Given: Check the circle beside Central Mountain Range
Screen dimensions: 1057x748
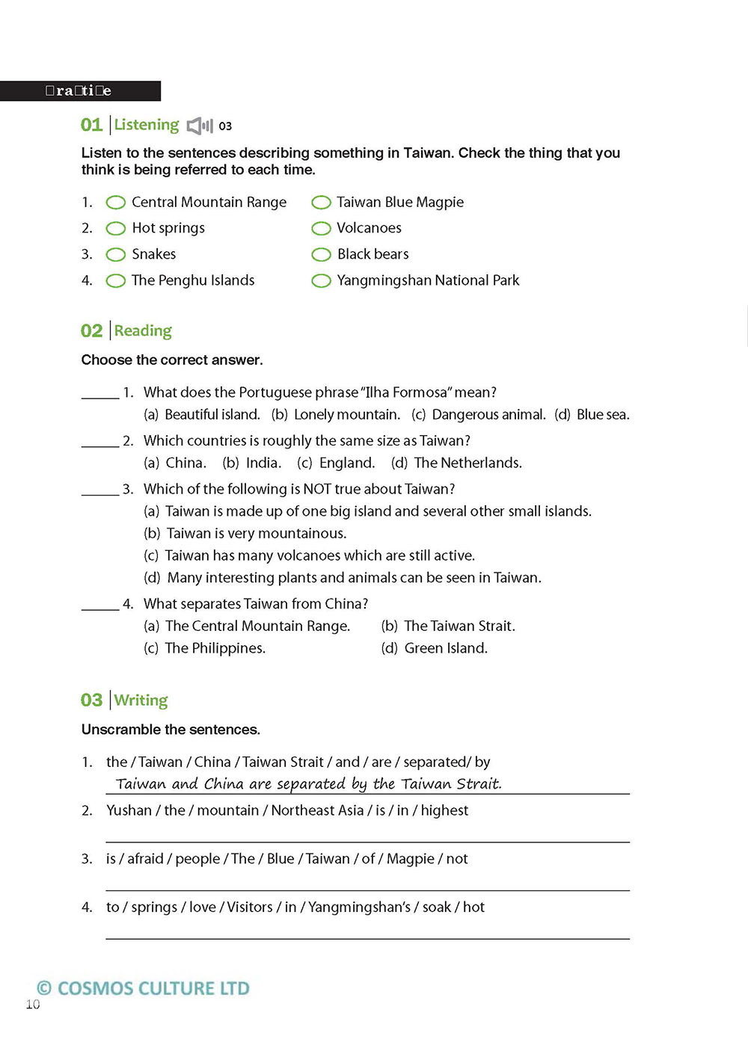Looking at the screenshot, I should click(116, 203).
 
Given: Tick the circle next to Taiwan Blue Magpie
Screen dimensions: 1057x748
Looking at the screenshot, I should click(321, 203).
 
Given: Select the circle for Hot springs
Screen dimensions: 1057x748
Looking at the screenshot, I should click(116, 229).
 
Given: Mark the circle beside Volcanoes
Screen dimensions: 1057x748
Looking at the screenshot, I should click(321, 229).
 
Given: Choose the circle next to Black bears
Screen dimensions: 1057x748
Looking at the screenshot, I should click(321, 255).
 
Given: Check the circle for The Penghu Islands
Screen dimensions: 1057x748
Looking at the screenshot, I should click(116, 281).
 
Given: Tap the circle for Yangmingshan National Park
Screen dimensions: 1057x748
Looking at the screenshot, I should click(321, 281).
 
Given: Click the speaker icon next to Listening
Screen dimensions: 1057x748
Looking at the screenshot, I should click(200, 126).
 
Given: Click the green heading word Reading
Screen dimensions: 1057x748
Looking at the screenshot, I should click(143, 330).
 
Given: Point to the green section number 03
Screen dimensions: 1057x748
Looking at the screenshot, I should click(91, 700).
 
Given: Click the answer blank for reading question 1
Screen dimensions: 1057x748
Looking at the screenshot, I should click(99, 394).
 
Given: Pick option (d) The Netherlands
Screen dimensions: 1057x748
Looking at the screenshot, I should click(456, 463).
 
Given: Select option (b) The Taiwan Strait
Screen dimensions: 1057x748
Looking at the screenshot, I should click(448, 626).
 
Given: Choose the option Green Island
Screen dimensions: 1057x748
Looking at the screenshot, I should click(435, 648).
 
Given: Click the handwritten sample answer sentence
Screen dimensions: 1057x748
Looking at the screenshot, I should click(308, 783).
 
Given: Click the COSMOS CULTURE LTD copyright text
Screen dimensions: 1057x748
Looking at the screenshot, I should click(144, 988).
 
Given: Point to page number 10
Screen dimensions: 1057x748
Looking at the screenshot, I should click(33, 1005).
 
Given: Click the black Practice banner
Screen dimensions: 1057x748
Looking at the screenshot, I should click(79, 91).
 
